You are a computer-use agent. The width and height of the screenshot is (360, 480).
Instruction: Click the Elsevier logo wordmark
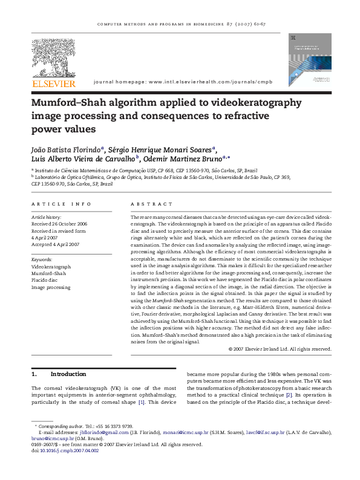(54, 83)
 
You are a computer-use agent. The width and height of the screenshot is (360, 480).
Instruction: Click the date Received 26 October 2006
(59, 224)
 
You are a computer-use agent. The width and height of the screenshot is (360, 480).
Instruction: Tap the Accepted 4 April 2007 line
(56, 244)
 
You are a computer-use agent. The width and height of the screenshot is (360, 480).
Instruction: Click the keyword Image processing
(51, 288)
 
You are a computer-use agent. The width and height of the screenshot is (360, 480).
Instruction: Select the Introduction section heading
(68, 374)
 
